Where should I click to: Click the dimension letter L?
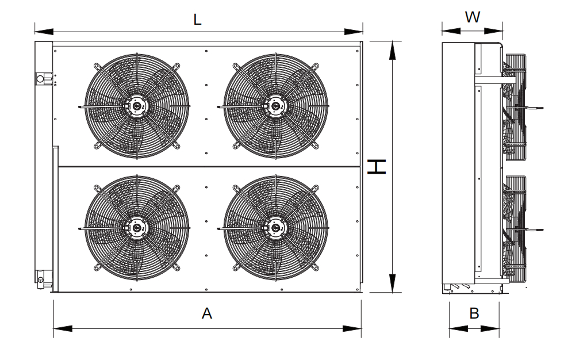(197, 20)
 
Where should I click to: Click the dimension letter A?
(207, 313)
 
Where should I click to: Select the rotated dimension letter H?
(377, 167)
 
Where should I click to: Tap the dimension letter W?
(472, 17)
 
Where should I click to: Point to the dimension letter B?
(474, 313)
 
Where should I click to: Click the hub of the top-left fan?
(137, 106)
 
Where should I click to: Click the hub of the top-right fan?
(276, 106)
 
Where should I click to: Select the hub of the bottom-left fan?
(137, 228)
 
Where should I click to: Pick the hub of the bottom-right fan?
(276, 228)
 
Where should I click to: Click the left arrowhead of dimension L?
(44, 32)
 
